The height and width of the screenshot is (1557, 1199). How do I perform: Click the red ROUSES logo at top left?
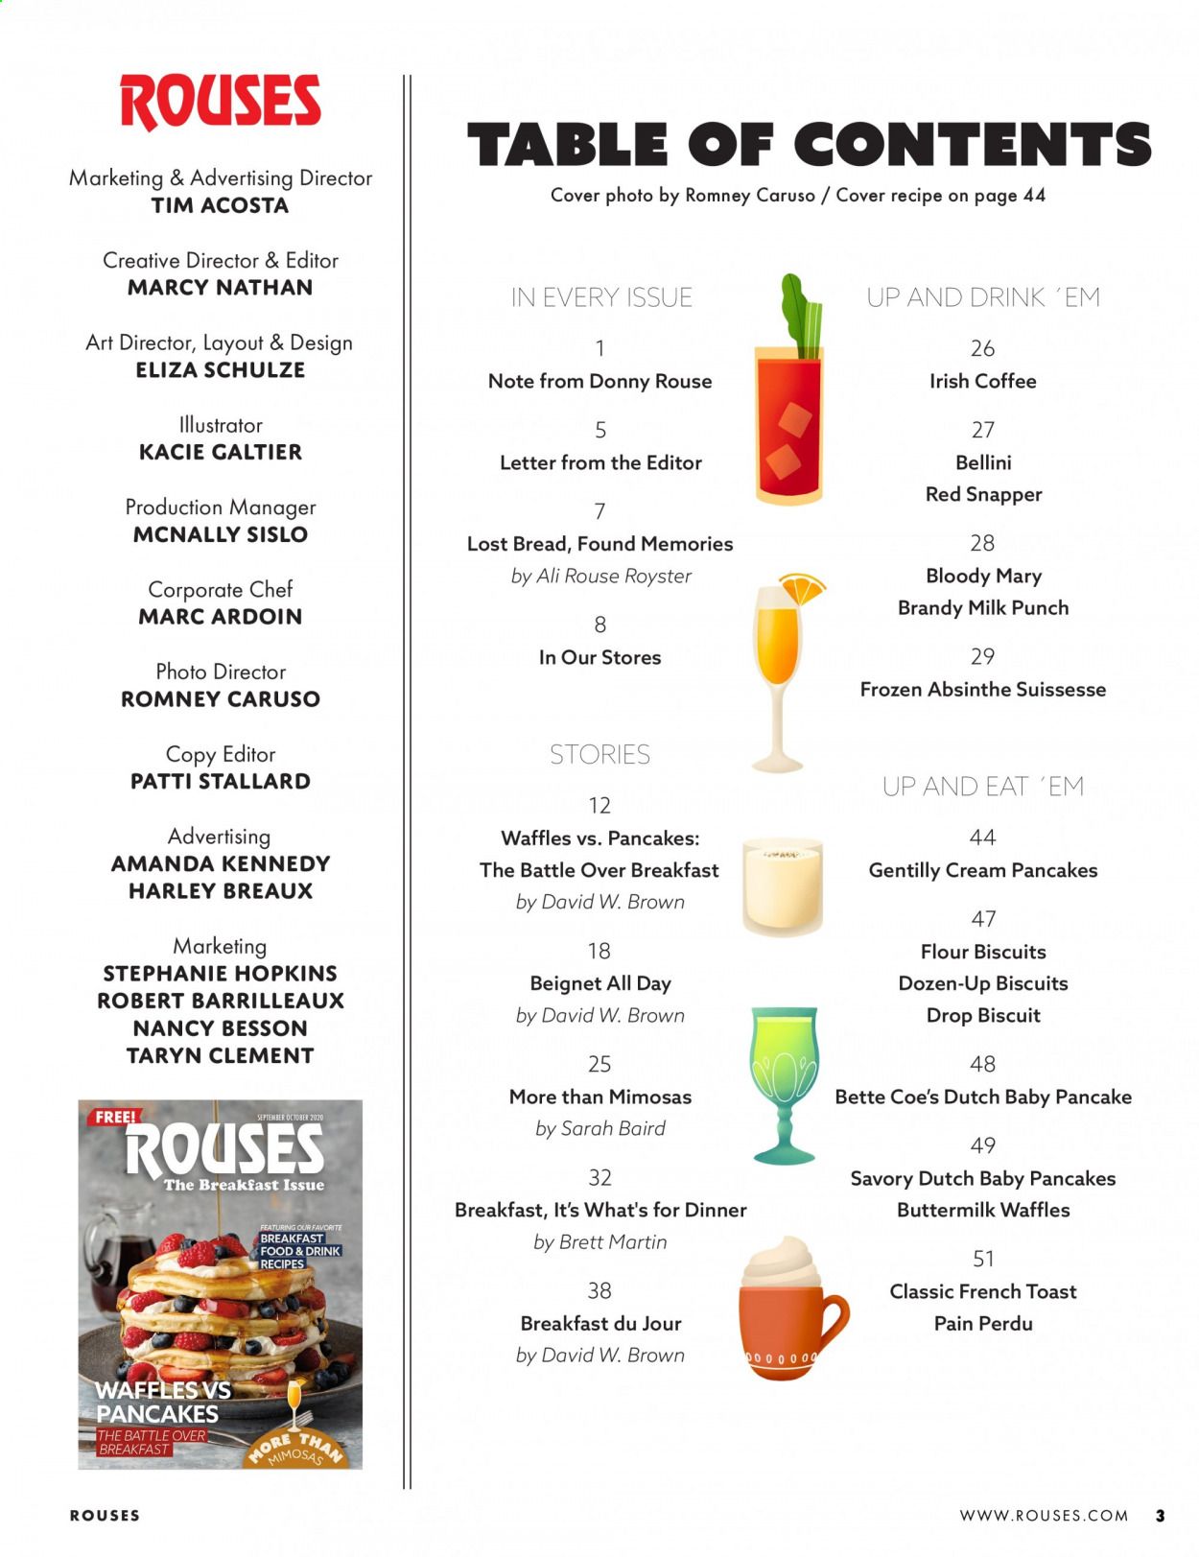[220, 102]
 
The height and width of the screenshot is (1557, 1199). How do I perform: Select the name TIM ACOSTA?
[220, 205]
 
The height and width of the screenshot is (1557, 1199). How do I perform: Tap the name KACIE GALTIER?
[220, 452]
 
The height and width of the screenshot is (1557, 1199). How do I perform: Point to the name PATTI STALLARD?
[220, 781]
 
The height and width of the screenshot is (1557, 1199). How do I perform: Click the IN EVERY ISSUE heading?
[601, 297]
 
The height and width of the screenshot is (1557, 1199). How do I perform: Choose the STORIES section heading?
[599, 755]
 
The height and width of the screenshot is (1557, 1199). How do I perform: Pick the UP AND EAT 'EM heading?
[982, 787]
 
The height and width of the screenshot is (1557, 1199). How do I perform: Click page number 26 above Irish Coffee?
[982, 348]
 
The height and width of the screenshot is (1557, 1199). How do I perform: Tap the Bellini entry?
[983, 462]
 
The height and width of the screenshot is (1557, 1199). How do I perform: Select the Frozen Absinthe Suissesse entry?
[982, 689]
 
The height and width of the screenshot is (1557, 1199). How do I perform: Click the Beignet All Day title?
[600, 983]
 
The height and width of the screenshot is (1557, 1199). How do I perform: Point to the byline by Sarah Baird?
[600, 1128]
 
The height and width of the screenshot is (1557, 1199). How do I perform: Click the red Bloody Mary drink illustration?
[788, 422]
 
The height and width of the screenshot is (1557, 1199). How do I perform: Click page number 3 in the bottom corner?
[1160, 1516]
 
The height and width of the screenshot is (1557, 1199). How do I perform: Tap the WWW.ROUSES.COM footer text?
[1044, 1516]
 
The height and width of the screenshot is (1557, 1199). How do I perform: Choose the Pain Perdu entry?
[983, 1324]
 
